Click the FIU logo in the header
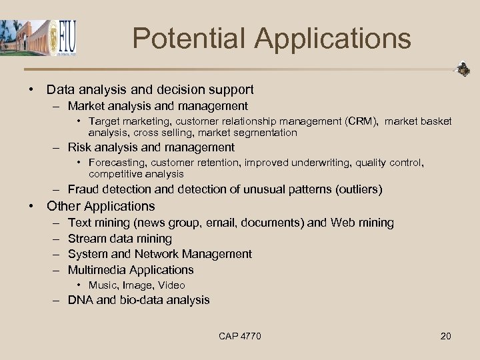[x=65, y=38]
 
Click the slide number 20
[x=445, y=336]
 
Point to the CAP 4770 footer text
[x=240, y=336]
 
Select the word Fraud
[x=83, y=190]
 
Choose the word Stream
[x=86, y=239]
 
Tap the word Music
[x=102, y=285]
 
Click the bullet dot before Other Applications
[x=31, y=207]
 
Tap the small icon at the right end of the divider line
[x=462, y=69]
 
